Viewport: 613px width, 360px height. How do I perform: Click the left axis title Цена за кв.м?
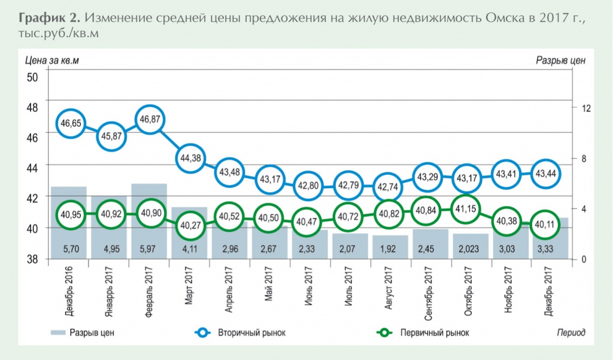tap(52, 60)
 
